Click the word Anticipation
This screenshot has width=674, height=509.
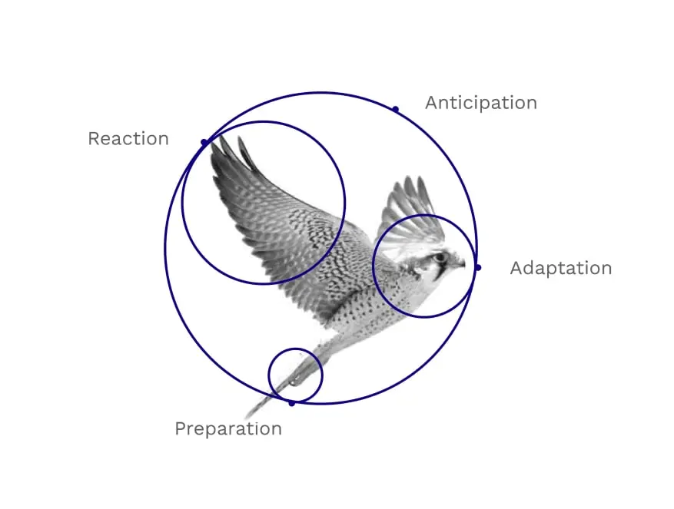(481, 103)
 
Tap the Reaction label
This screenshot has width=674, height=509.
(128, 139)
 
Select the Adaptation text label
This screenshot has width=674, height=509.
(561, 268)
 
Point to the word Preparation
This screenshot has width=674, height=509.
(228, 428)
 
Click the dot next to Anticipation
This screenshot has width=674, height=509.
(396, 110)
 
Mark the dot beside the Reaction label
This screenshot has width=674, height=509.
(204, 142)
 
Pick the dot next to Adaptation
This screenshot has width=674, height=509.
(478, 268)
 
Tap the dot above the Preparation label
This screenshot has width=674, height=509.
(292, 403)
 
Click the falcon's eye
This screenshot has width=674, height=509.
(440, 258)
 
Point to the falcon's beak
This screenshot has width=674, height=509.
(460, 264)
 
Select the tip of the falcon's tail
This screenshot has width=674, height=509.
(246, 417)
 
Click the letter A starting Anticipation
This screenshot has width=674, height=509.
(432, 103)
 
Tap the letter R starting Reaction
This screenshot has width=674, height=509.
(94, 139)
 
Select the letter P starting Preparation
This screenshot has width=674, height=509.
(181, 428)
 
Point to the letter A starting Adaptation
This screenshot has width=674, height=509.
(516, 268)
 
